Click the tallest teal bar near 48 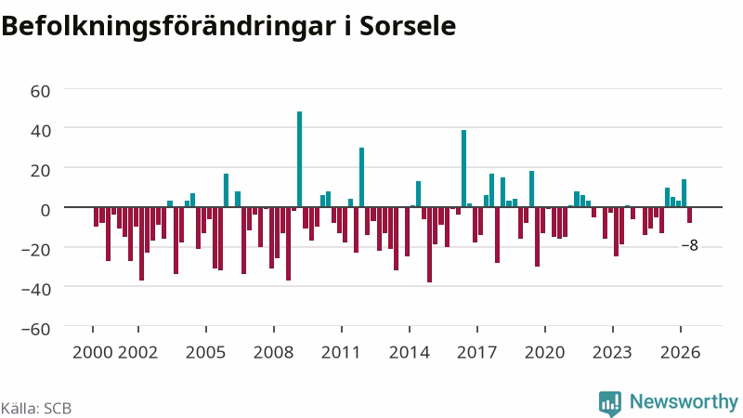click(x=299, y=159)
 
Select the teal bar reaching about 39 click(x=463, y=168)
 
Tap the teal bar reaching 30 click(x=361, y=177)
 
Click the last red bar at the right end click(x=689, y=216)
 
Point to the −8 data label click(x=689, y=245)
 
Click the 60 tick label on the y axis click(x=40, y=91)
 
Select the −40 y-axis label click(x=36, y=289)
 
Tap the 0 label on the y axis click(x=46, y=210)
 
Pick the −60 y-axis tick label click(x=36, y=329)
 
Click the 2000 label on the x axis click(x=92, y=353)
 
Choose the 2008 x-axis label click(x=273, y=353)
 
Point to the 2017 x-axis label click(x=476, y=353)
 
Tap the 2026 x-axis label click(x=681, y=353)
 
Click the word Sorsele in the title click(x=408, y=26)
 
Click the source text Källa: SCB click(x=36, y=408)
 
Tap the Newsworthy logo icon click(x=610, y=403)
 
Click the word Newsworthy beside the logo click(x=684, y=402)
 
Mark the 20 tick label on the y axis click(x=40, y=170)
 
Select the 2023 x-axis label click(x=612, y=353)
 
